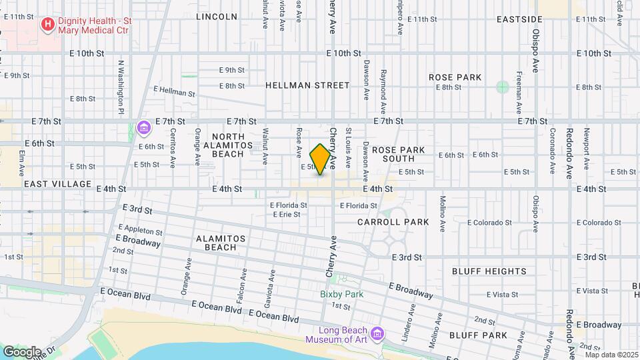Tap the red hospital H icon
pos(48,25)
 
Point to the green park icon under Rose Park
pos(502,87)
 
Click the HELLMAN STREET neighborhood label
pos(307,85)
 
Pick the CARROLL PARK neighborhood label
pos(393,221)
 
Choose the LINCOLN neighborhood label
pos(217,16)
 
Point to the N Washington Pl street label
pos(121,87)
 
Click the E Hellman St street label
pos(174,91)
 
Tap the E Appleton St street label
pos(140,231)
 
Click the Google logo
pos(22,351)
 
